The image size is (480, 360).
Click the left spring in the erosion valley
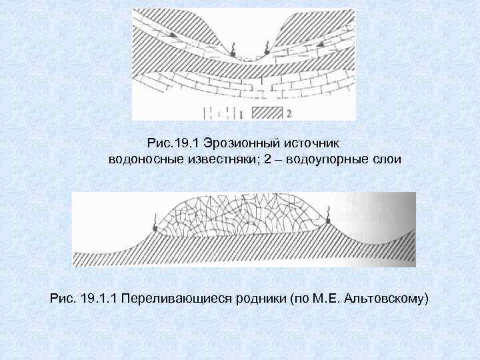(x=233, y=51)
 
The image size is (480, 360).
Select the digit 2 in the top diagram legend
(x=289, y=114)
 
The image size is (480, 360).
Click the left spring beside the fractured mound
(x=155, y=227)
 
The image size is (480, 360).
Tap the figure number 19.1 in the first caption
(x=188, y=143)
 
